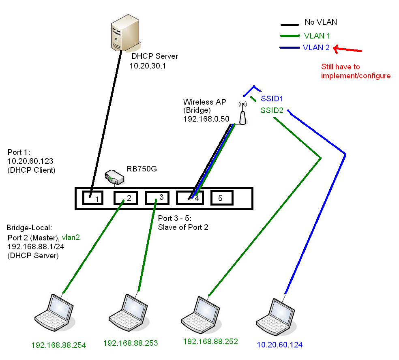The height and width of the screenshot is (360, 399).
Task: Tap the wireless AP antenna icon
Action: pyautogui.click(x=242, y=113)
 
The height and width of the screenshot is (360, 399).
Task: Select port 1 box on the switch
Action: pyautogui.click(x=93, y=198)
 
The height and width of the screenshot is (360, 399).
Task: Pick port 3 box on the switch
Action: pyautogui.click(x=156, y=197)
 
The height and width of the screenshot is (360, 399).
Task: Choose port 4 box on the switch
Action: pyautogui.click(x=189, y=198)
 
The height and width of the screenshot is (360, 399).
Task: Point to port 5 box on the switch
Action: pyautogui.click(x=221, y=198)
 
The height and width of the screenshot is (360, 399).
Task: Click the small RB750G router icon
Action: pyautogui.click(x=114, y=177)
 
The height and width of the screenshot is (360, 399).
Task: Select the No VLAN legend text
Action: pyautogui.click(x=321, y=22)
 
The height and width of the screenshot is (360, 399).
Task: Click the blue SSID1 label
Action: pyautogui.click(x=272, y=99)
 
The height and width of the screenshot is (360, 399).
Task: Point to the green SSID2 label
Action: pyautogui.click(x=272, y=110)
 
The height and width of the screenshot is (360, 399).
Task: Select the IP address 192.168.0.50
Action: pyautogui.click(x=206, y=118)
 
